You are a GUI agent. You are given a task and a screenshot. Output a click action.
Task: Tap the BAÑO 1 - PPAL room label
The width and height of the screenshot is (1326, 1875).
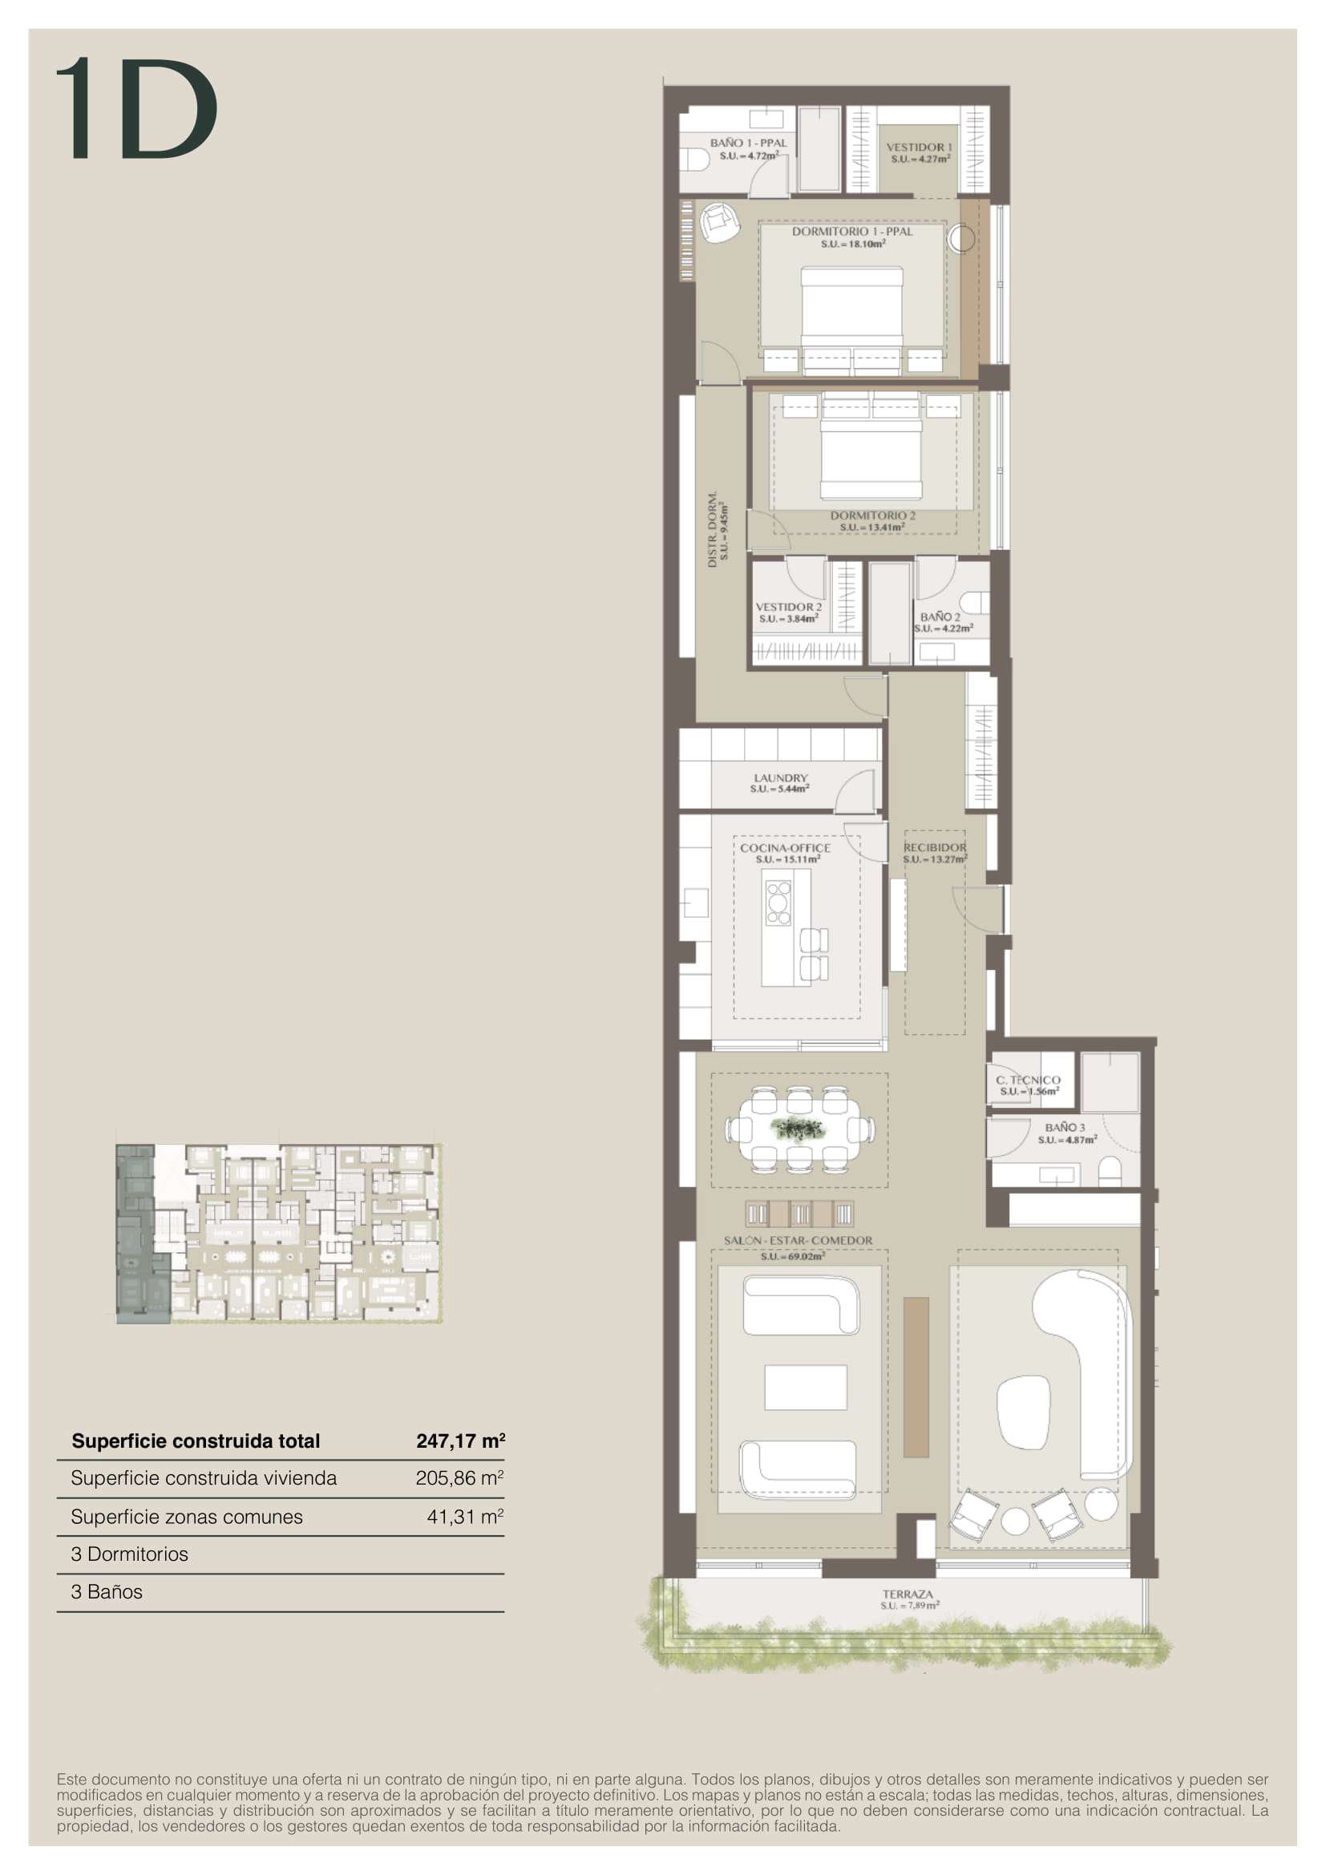[748, 143]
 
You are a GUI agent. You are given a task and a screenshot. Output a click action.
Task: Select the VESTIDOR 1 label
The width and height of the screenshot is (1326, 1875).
[919, 147]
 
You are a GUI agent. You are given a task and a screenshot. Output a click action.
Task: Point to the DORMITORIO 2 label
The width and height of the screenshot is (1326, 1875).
[873, 515]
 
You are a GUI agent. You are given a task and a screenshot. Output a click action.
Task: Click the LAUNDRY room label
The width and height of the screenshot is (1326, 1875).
[781, 778]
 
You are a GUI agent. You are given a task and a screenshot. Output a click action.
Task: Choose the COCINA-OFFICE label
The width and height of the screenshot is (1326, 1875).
[786, 847]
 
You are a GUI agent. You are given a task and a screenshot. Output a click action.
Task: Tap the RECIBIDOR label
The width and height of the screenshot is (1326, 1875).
[935, 847]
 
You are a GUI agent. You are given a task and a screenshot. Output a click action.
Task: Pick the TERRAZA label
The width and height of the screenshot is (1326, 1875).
[908, 1594]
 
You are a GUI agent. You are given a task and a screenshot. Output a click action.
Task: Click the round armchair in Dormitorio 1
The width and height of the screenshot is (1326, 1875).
[719, 221]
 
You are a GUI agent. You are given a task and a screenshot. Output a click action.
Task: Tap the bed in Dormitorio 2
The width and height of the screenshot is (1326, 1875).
[871, 446]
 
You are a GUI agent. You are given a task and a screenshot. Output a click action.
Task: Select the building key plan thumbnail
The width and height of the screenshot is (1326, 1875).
[279, 1233]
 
